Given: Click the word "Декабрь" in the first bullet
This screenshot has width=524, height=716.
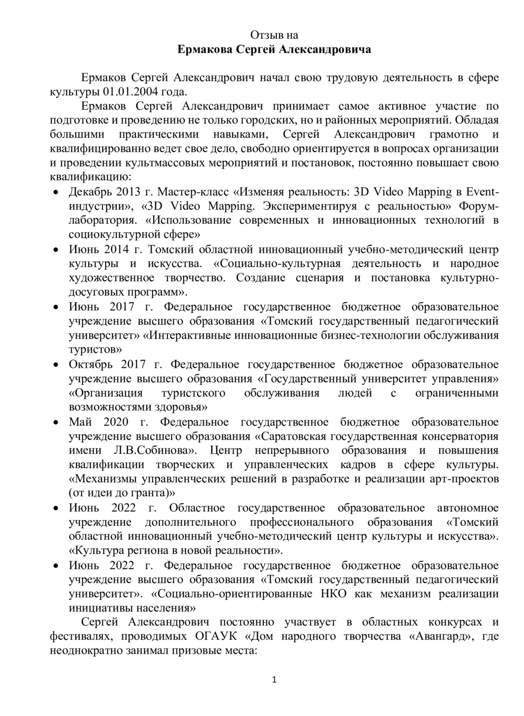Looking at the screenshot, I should pos(89,192).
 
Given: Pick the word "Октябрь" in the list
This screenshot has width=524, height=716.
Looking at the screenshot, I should pos(90,364).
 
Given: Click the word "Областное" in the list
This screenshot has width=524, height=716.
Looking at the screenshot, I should pos(197,508).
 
